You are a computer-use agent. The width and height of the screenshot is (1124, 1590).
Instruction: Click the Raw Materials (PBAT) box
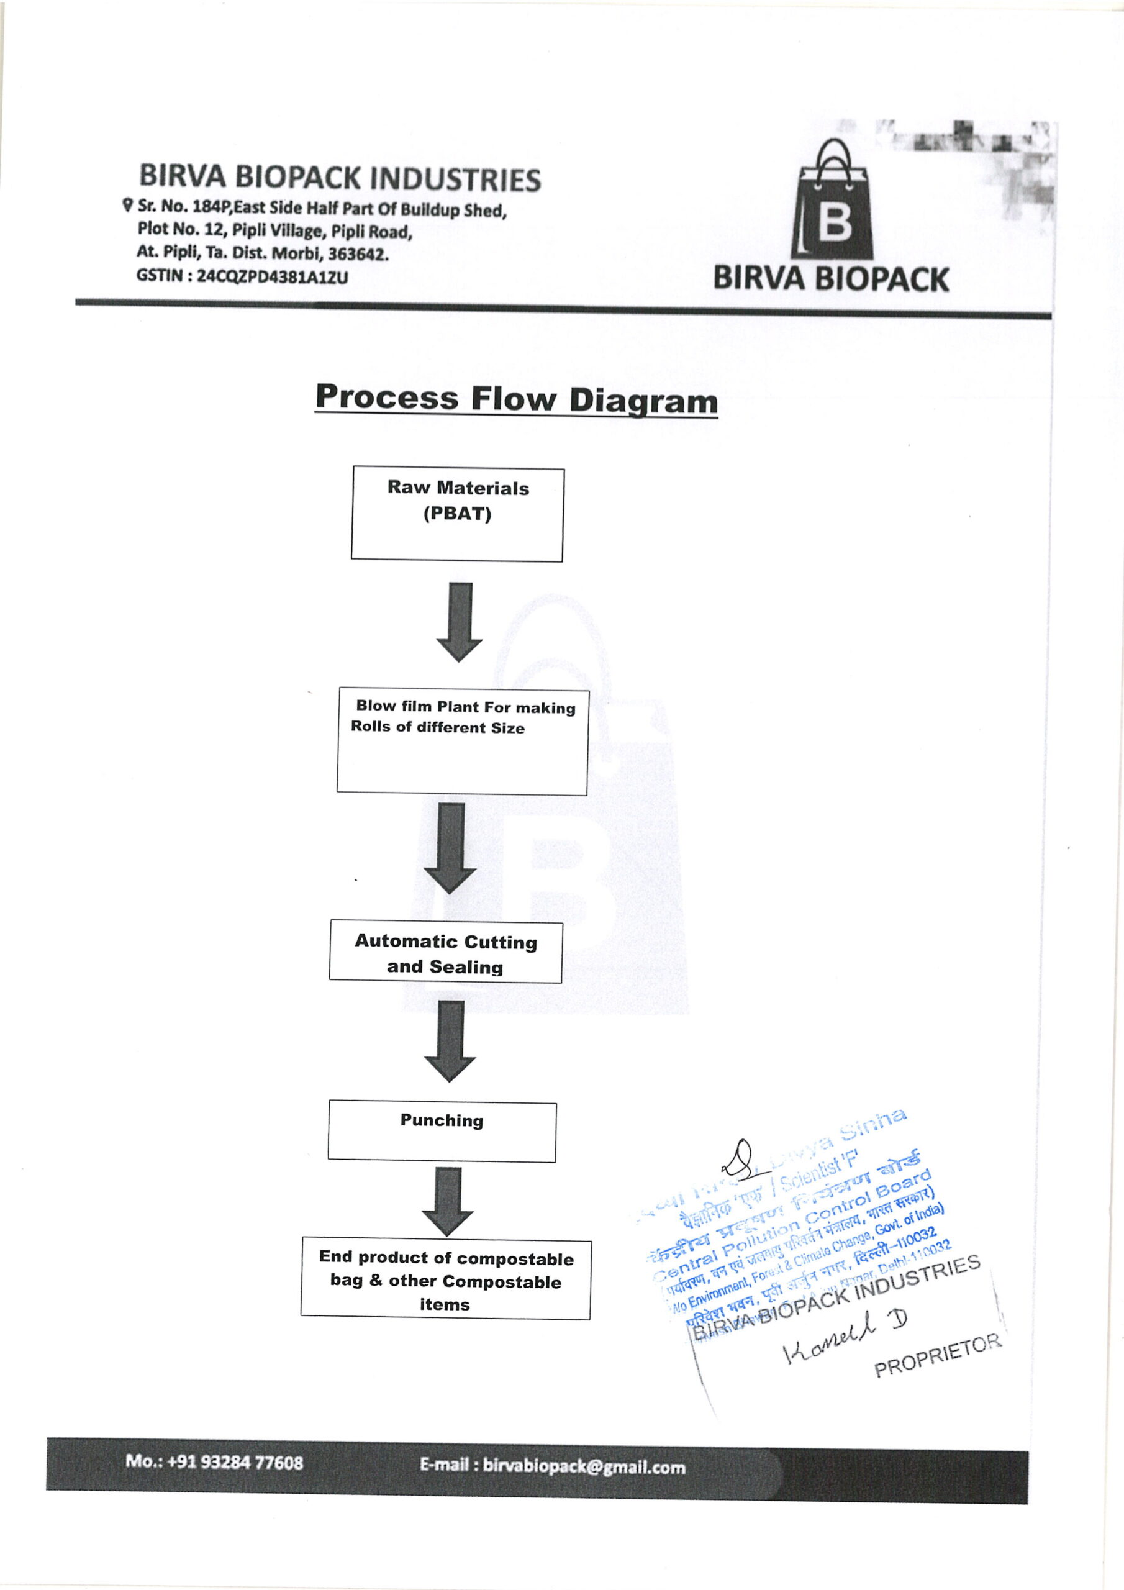[457, 514]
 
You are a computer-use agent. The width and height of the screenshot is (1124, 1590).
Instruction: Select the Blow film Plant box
[462, 742]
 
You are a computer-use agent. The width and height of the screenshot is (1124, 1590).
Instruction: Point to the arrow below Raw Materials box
[459, 622]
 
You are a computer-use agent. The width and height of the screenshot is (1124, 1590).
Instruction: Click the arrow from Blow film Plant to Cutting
[450, 848]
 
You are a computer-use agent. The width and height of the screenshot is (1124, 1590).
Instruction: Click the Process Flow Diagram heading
[516, 399]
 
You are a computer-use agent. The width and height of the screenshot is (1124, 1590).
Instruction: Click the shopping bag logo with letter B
[832, 201]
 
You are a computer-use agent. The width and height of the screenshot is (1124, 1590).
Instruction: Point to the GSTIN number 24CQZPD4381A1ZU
[272, 277]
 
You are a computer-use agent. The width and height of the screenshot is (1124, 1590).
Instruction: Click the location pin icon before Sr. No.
[127, 205]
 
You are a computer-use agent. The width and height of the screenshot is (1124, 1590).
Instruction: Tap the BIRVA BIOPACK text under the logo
[830, 279]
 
